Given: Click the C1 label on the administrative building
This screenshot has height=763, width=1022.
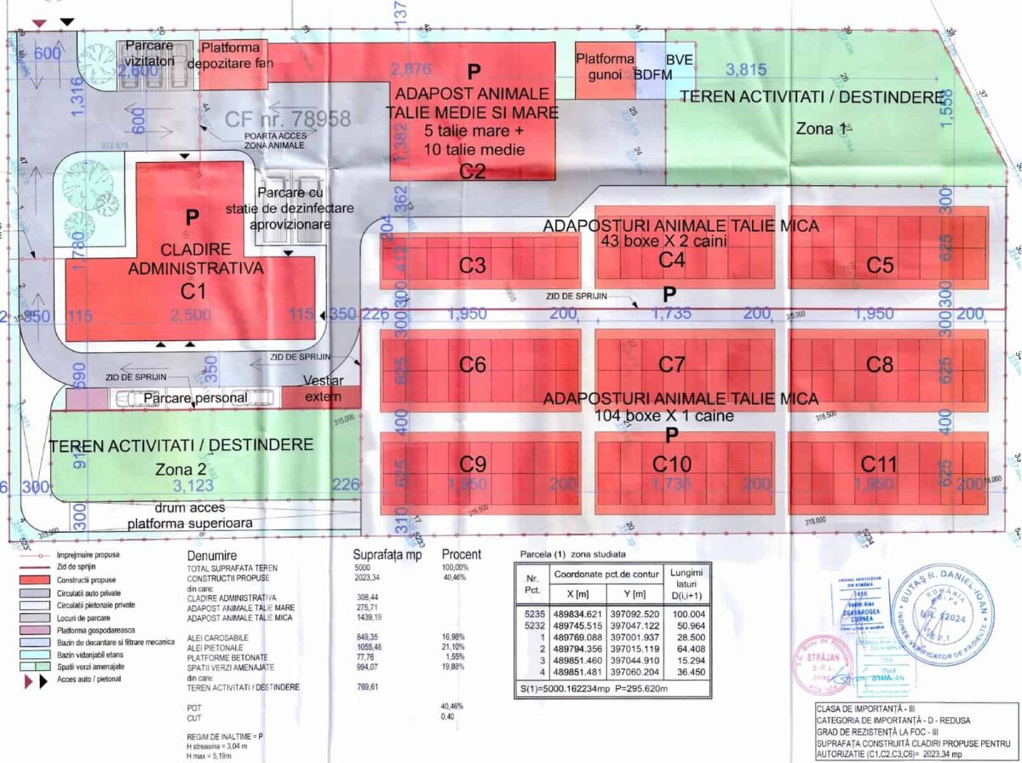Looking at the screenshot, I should click(194, 291).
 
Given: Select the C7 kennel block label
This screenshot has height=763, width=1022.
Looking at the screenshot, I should click(672, 365).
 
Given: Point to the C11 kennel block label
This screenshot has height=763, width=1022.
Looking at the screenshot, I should click(879, 465).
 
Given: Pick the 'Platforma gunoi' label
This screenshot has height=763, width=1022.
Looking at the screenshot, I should click(605, 66).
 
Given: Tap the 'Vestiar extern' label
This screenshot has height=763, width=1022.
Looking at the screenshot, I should click(321, 389).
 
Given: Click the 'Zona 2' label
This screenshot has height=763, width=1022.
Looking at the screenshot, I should click(181, 469).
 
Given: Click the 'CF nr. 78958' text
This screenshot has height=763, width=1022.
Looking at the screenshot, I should click(288, 118).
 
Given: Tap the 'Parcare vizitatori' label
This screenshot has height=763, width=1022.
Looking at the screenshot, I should click(151, 53).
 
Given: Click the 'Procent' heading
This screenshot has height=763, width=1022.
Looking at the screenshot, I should click(461, 554).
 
